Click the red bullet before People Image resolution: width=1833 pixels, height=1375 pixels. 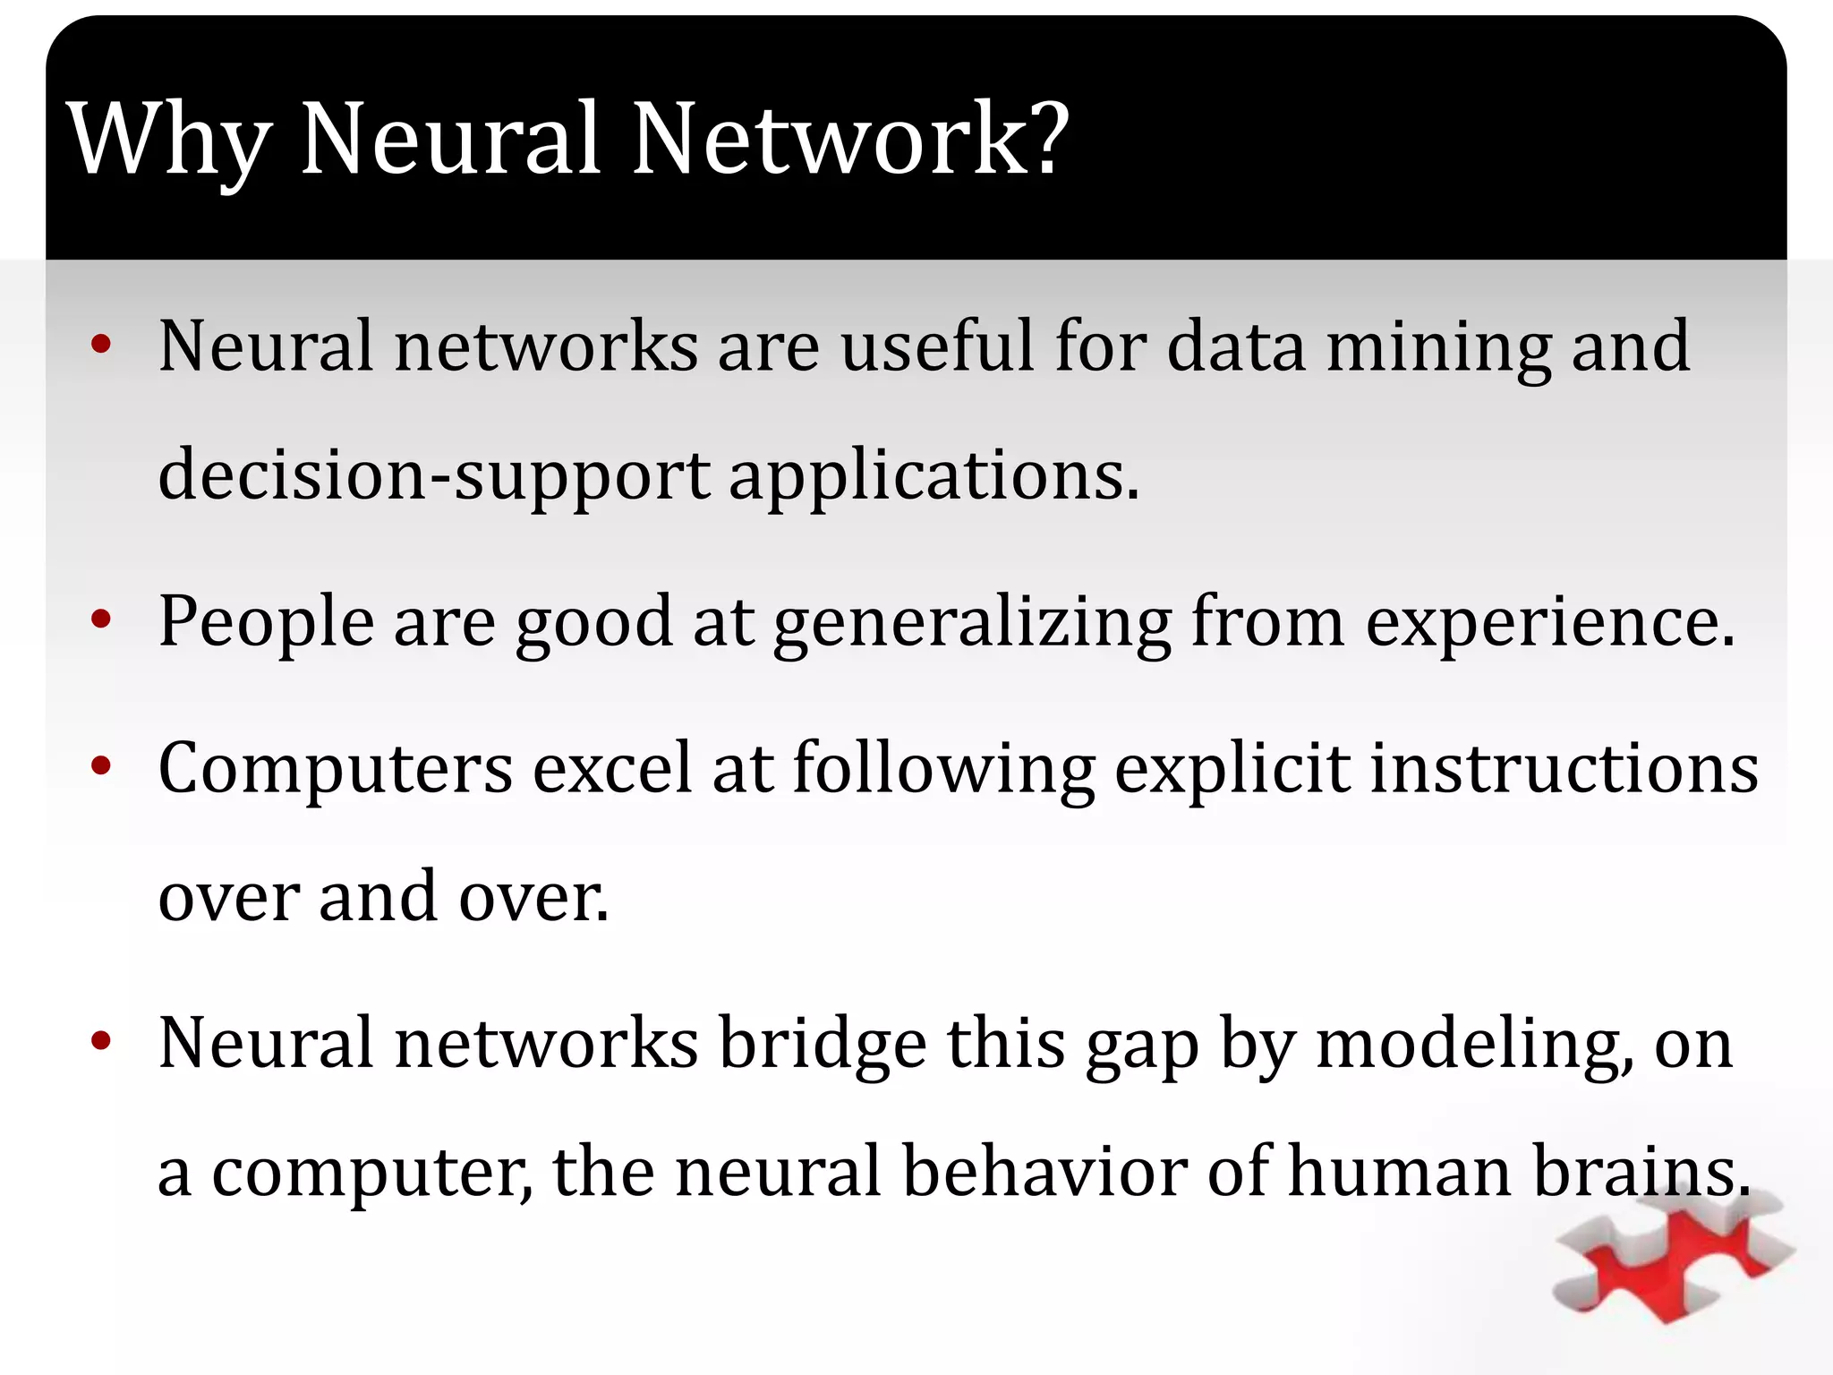coord(101,619)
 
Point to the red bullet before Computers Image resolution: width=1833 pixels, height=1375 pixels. coord(101,765)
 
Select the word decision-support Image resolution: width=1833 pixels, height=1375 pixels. coord(434,475)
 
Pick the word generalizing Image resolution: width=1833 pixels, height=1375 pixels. coord(972,623)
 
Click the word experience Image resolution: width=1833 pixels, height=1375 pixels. coord(1549,623)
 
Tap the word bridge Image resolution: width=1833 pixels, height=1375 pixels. coord(823,1046)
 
